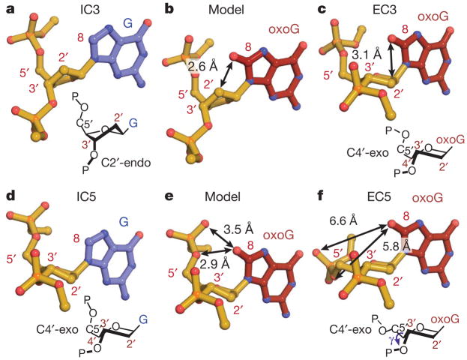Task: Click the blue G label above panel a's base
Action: point(130,23)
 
